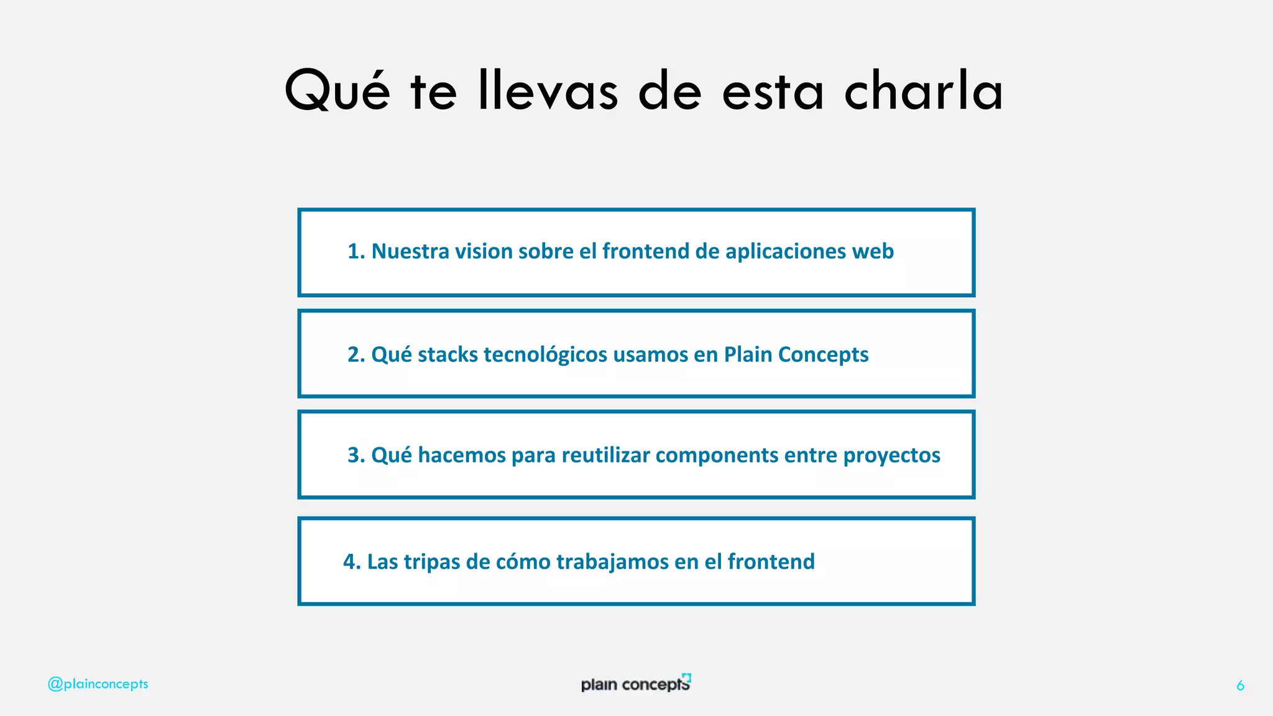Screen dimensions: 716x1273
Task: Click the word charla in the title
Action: point(923,91)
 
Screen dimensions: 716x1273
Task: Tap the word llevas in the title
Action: point(548,91)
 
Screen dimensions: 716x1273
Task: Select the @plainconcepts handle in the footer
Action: point(98,684)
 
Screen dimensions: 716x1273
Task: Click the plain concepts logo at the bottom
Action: point(635,684)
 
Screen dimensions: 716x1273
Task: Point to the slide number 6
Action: point(1240,686)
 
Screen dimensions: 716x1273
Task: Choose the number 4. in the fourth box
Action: point(352,562)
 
